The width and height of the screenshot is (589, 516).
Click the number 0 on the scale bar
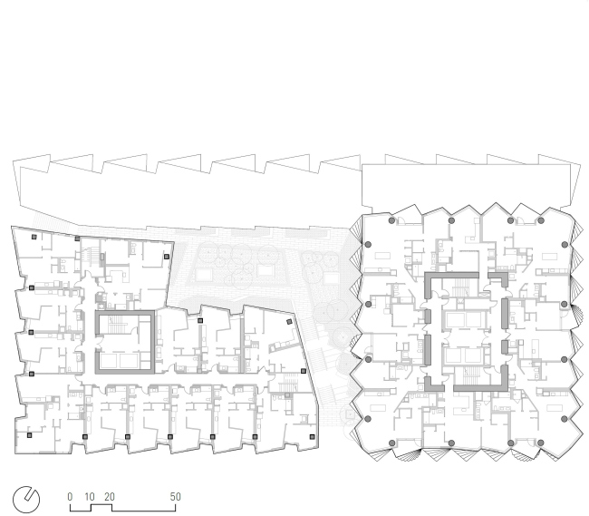(x=70, y=496)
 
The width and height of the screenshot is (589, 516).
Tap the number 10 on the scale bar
(x=90, y=496)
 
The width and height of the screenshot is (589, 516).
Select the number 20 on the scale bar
(x=110, y=496)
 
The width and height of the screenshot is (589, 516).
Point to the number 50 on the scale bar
(x=176, y=496)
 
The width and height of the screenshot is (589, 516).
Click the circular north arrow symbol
(x=26, y=500)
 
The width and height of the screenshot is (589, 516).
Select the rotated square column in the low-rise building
(x=289, y=322)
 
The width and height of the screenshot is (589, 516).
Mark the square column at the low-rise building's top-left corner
(x=34, y=237)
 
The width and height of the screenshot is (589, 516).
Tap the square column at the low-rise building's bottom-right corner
(x=312, y=437)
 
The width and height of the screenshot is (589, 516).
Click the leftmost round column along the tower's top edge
(x=391, y=220)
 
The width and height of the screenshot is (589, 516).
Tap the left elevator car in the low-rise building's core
(x=108, y=361)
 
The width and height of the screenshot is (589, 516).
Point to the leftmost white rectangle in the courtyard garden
(x=203, y=275)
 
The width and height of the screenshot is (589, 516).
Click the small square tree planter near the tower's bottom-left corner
(x=350, y=414)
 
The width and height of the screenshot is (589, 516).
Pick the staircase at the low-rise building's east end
(x=288, y=383)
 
